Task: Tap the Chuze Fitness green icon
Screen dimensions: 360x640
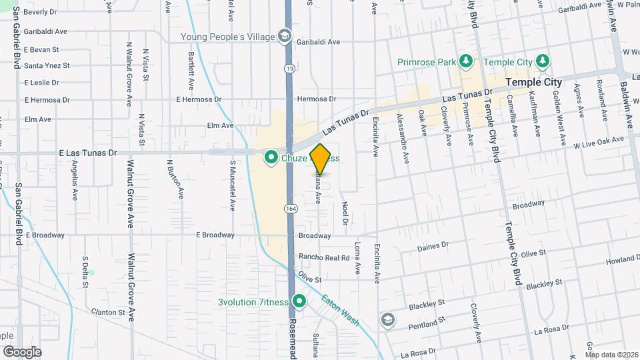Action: click(x=271, y=158)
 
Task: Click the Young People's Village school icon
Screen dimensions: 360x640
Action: click(x=285, y=35)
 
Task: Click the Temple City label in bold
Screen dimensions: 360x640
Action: click(x=534, y=82)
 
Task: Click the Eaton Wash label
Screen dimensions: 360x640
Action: click(x=340, y=310)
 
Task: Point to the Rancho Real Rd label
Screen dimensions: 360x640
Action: click(x=324, y=257)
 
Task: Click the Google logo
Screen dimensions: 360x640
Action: click(x=22, y=351)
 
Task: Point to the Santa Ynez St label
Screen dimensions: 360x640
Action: click(x=47, y=65)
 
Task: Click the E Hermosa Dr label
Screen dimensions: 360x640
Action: click(x=198, y=99)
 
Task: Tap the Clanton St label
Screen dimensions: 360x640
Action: click(x=108, y=312)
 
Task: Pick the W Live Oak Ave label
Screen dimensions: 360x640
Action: click(x=599, y=141)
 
